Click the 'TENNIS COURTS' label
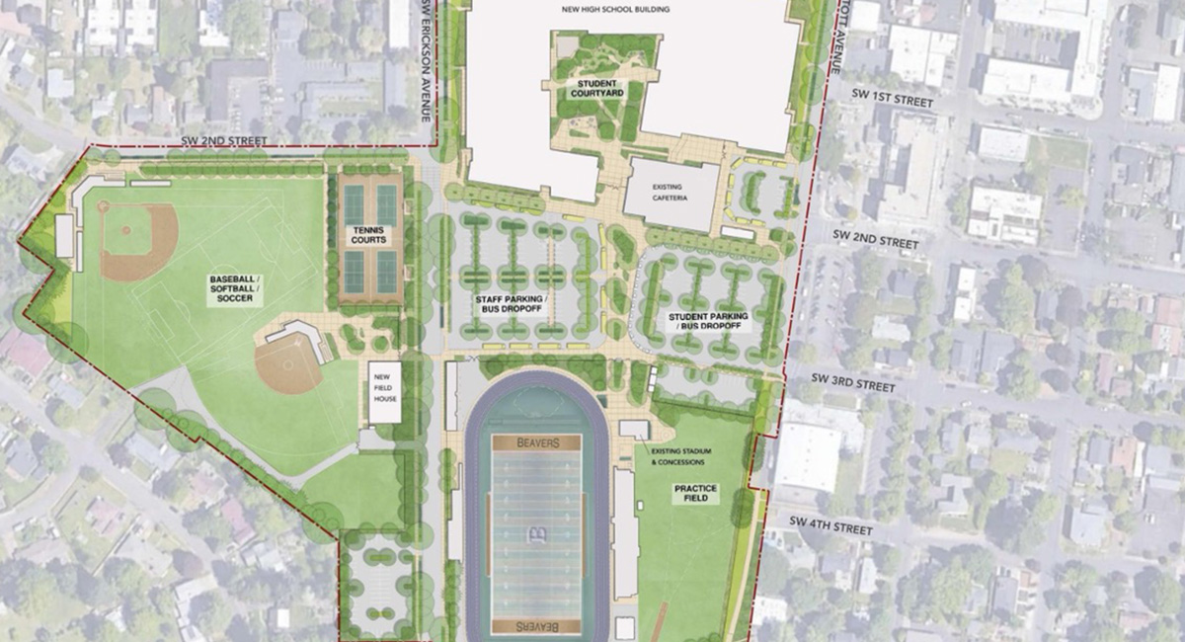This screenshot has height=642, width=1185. point(369,236)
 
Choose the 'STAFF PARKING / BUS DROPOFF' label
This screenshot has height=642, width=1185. point(511,304)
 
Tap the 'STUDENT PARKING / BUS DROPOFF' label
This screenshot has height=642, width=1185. point(708,320)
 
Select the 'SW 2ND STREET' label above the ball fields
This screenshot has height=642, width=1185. point(224,141)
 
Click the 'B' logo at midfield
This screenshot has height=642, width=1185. point(537,536)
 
